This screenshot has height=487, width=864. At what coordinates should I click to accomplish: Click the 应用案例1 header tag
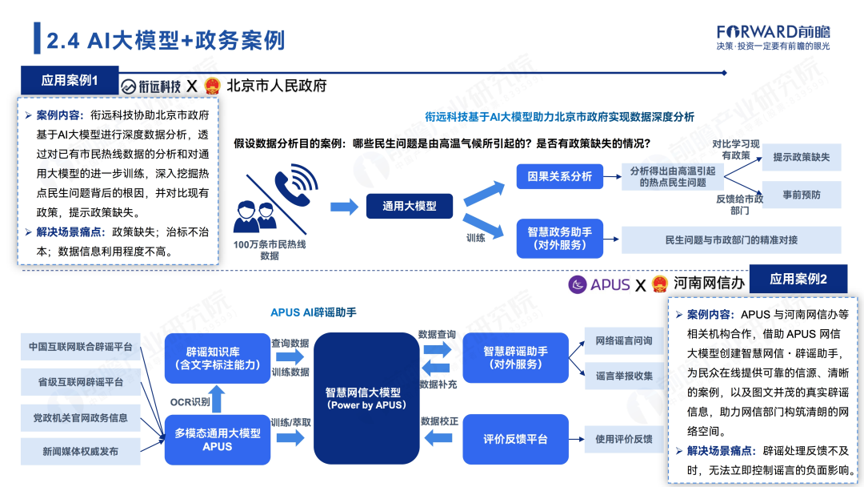coord(69,81)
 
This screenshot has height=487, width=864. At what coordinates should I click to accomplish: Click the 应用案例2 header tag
coord(797,280)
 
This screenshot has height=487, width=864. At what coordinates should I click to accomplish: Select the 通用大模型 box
coord(410,206)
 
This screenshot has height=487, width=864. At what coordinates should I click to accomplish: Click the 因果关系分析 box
coord(560,176)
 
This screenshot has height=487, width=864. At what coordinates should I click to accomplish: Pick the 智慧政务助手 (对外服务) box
coord(560,238)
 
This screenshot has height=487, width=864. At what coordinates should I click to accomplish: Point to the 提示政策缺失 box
coord(801,157)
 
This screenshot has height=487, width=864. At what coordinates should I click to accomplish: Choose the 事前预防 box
coord(801,195)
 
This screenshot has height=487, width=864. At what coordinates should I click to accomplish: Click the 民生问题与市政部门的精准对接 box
coord(731,240)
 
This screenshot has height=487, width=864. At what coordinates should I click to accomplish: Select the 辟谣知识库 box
coord(216,358)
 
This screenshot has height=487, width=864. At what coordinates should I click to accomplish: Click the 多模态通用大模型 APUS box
coord(217,440)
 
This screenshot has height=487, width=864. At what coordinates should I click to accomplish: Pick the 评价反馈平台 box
coord(515,439)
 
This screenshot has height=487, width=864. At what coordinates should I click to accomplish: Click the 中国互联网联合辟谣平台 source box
coord(80,348)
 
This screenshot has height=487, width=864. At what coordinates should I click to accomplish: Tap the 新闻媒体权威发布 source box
coord(80,452)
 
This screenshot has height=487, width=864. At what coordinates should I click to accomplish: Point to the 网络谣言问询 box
coord(624,340)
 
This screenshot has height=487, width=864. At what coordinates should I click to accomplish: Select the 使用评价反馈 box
coord(624,439)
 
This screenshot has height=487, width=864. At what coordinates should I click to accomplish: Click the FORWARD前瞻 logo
coord(773,31)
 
